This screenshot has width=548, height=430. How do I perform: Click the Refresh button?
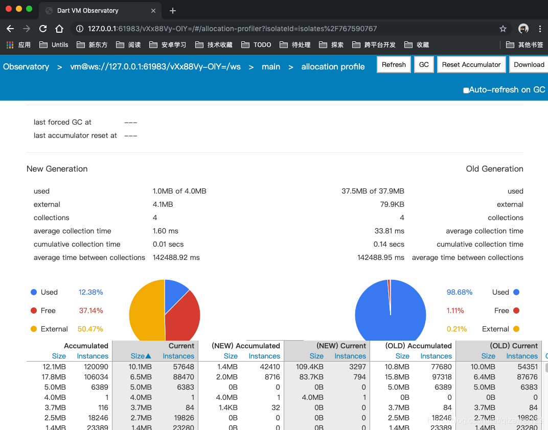coord(394,64)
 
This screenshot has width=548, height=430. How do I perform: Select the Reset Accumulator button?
coord(471,64)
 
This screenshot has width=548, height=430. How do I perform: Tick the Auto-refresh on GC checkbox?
coord(466,90)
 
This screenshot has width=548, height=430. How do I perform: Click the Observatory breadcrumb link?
coord(26,67)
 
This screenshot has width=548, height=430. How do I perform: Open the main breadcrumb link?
coord(271,67)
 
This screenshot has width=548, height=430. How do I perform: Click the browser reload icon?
coord(43,29)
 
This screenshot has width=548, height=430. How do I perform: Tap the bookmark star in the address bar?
coord(503,29)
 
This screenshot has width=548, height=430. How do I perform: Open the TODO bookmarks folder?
coord(256,44)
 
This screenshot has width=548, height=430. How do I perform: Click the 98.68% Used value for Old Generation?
coord(459,292)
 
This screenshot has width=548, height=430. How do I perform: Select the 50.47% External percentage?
coord(90,329)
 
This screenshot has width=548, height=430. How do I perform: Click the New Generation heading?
coord(57,169)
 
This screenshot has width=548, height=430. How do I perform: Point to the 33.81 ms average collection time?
coord(390,231)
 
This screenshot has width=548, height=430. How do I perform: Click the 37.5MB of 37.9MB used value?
coord(373,192)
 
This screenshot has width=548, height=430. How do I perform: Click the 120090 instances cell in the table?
coord(96,367)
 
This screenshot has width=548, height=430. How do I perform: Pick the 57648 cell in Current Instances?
coord(184,367)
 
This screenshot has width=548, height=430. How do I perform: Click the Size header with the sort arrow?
coord(141,356)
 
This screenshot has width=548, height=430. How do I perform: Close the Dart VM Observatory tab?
coord(153,11)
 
